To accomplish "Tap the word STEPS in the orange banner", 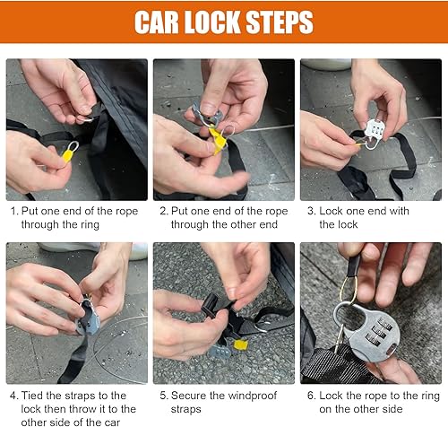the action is pos(280,22).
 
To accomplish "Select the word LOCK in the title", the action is pos(212,22).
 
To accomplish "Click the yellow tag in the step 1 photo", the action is pos(67,156).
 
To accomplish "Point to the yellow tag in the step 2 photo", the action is pos(219,140).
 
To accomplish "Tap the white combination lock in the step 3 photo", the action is pos(375,131).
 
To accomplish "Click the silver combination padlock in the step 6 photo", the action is pos(370,332).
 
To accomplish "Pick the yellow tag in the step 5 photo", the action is pos(240,344).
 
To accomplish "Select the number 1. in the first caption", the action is pos(14,211).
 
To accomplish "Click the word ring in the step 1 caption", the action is pos(90,225).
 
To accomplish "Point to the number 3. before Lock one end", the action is pos(311,211).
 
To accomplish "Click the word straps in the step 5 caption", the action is pos(186,409).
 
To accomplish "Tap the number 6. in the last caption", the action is pos(311,396).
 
